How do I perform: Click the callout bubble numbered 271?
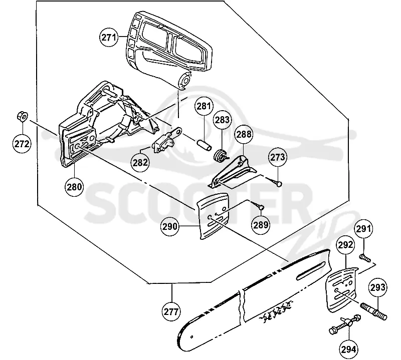(x=109, y=37)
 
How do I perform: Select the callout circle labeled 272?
(x=22, y=144)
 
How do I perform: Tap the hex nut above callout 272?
(x=22, y=117)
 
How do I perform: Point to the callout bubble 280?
(x=74, y=187)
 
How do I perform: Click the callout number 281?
(x=204, y=106)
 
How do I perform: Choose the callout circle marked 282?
(x=140, y=162)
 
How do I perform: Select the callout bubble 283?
(x=222, y=119)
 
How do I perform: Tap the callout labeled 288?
(x=244, y=134)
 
